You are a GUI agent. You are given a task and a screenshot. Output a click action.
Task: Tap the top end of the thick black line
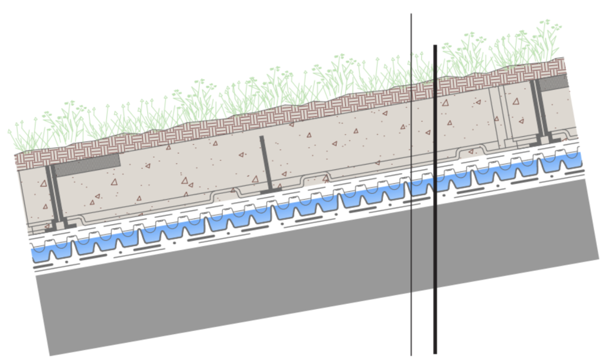point(435,46)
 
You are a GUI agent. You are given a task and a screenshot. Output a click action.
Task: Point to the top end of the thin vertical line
point(411,14)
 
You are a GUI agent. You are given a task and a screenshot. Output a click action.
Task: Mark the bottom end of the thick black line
point(435,353)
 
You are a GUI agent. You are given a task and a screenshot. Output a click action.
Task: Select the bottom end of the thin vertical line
point(411,355)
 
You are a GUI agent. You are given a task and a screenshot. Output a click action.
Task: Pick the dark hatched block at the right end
point(554,83)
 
